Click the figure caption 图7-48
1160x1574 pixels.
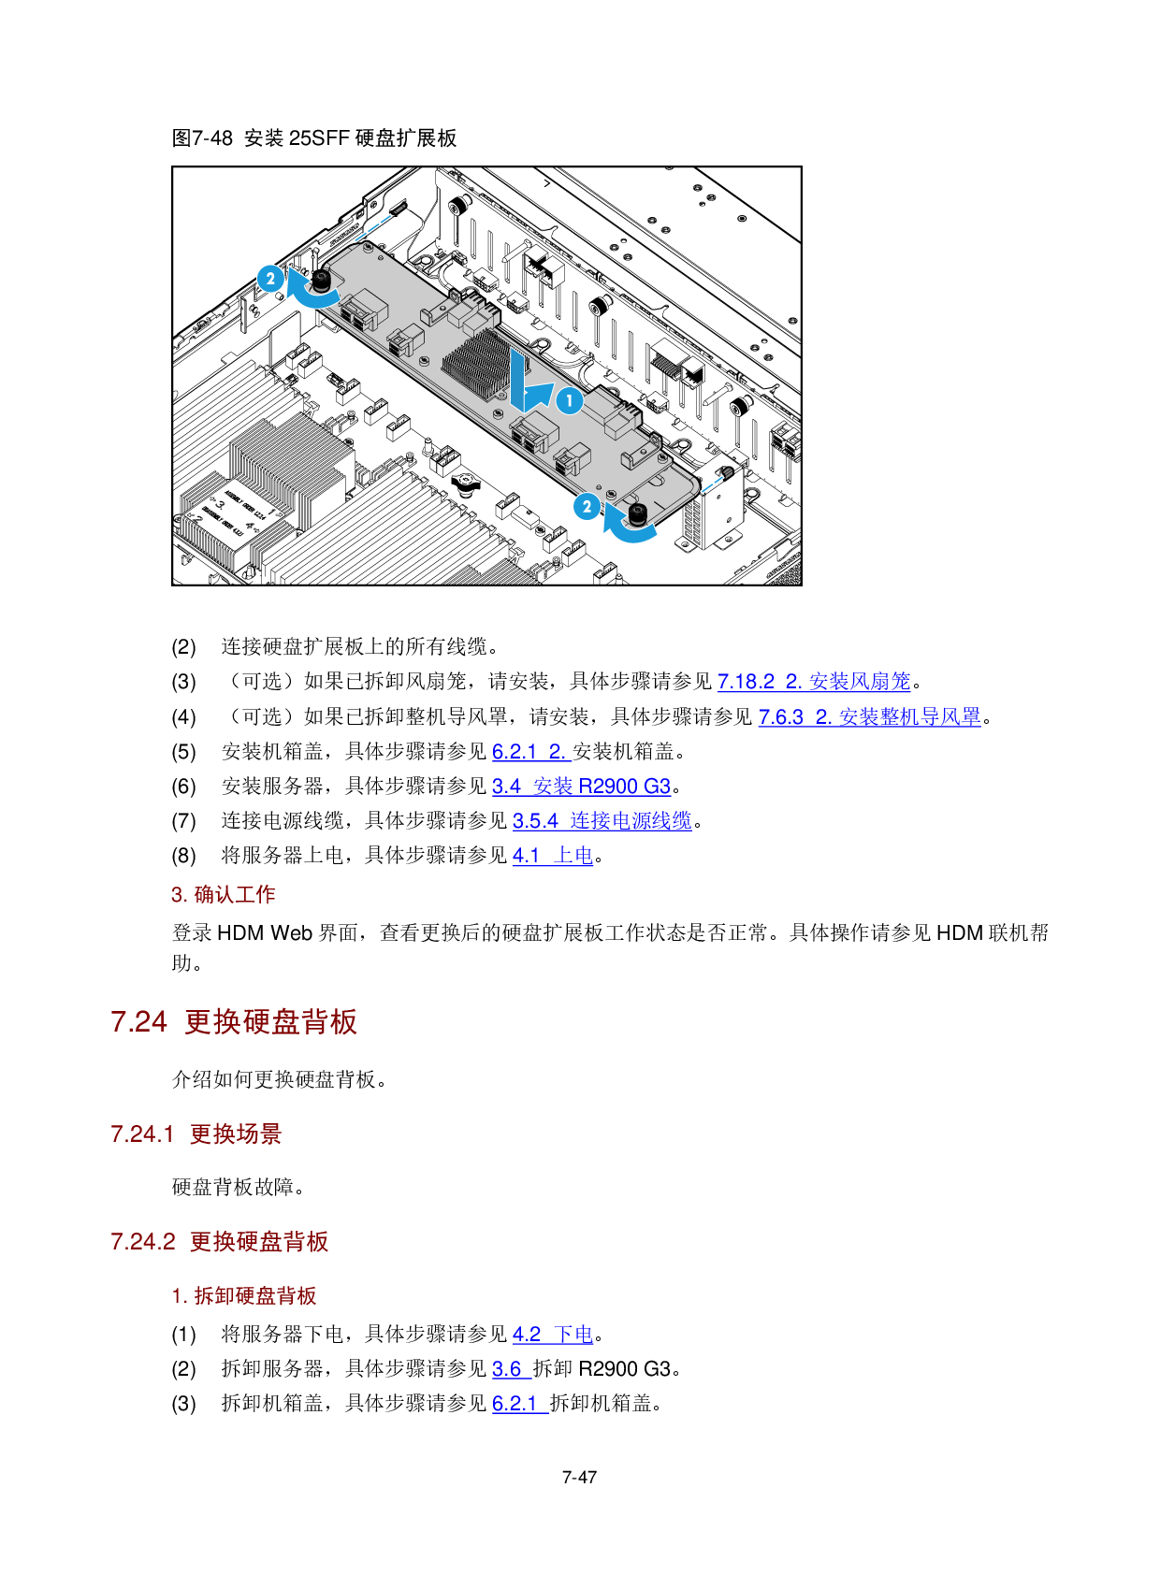click(202, 137)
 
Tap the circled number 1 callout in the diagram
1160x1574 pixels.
click(570, 400)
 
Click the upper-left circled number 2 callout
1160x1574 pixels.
click(270, 279)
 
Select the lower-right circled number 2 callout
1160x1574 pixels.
click(587, 506)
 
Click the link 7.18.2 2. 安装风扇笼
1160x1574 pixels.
click(814, 681)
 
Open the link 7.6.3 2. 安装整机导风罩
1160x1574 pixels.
click(869, 716)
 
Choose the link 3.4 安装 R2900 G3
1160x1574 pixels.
click(581, 786)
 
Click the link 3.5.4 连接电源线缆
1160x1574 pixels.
click(602, 820)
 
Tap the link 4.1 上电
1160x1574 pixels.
click(553, 855)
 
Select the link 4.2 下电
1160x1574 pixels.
click(553, 1334)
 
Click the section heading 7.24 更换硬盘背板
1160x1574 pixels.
click(234, 1021)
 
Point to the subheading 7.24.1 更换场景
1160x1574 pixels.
click(196, 1134)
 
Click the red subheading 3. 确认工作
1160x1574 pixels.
click(224, 894)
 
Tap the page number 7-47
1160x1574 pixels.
click(579, 1477)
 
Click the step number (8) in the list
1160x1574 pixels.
click(183, 855)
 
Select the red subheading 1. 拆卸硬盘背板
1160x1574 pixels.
click(244, 1295)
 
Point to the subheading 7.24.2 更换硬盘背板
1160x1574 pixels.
click(219, 1241)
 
